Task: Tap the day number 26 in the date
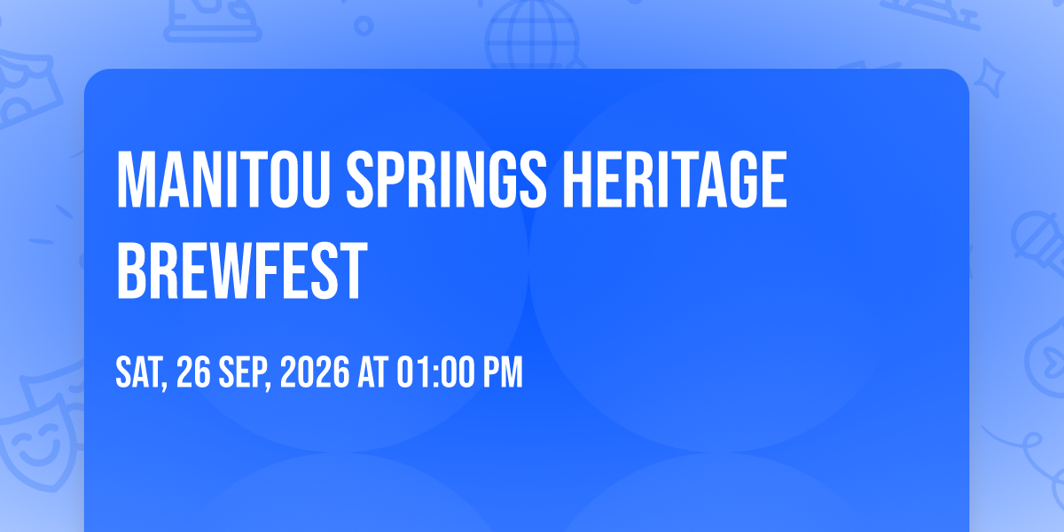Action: pos(194,372)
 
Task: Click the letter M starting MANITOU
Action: pos(133,181)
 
